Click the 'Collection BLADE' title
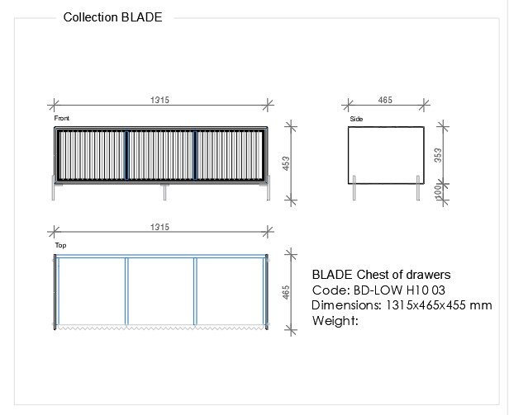point(112,17)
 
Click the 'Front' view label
point(62,118)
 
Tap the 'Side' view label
point(356,119)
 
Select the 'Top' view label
point(60,245)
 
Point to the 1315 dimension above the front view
point(159,100)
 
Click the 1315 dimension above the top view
point(159,227)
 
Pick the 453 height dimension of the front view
point(286,163)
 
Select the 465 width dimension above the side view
point(385,100)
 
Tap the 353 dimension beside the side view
point(438,155)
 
